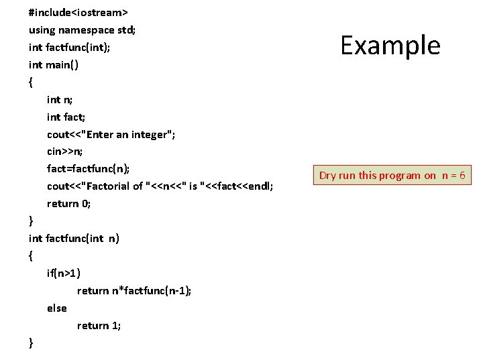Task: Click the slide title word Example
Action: (390, 46)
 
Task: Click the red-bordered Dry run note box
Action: (392, 176)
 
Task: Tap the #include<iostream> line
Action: (78, 12)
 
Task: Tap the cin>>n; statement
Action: (64, 152)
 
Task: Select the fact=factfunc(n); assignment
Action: (88, 168)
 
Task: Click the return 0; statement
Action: (68, 203)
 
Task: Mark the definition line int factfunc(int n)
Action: (74, 238)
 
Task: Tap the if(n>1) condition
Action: (64, 273)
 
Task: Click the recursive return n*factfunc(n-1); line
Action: (133, 290)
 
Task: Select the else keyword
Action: (57, 308)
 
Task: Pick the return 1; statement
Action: (99, 325)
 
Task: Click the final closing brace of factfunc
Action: (31, 343)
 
